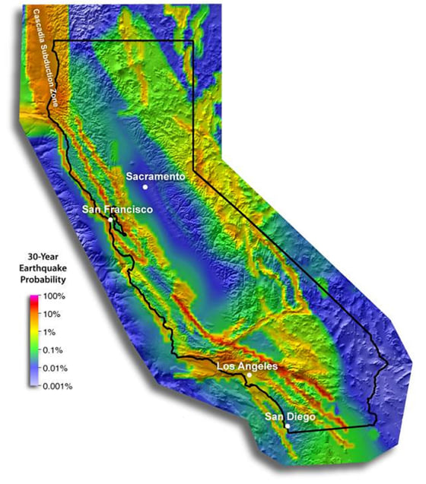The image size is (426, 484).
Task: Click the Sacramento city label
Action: click(x=156, y=176)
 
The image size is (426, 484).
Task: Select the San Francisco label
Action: click(x=119, y=209)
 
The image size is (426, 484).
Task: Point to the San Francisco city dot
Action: click(x=110, y=220)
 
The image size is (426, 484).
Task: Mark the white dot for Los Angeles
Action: click(x=250, y=375)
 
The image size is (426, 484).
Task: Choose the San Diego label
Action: click(x=289, y=416)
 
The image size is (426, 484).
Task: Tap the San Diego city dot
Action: click(x=287, y=426)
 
